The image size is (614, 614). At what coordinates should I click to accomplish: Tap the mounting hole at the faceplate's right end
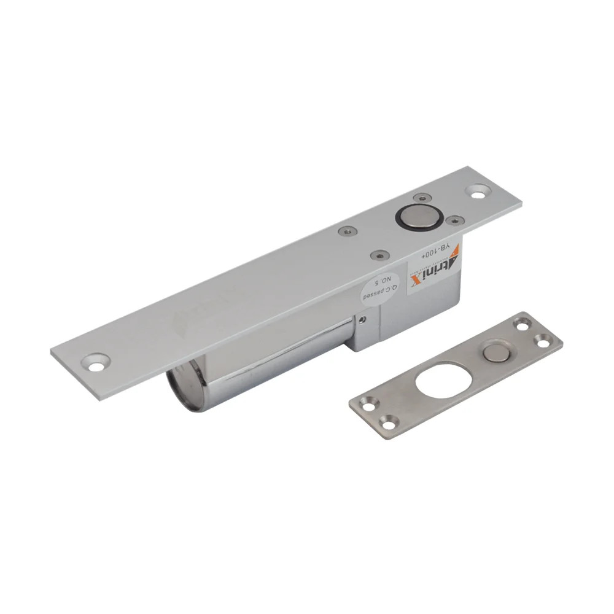(478, 191)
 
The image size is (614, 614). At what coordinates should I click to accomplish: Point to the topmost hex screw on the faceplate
(422, 198)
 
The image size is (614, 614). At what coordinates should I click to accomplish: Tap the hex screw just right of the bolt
(454, 220)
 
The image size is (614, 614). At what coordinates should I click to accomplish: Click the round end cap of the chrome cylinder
(184, 386)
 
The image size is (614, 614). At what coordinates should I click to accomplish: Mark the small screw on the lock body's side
(363, 319)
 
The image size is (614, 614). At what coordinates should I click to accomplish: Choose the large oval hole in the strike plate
(443, 379)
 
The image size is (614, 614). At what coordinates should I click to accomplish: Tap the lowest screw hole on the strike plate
(388, 422)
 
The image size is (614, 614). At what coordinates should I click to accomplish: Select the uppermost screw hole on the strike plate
(522, 324)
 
